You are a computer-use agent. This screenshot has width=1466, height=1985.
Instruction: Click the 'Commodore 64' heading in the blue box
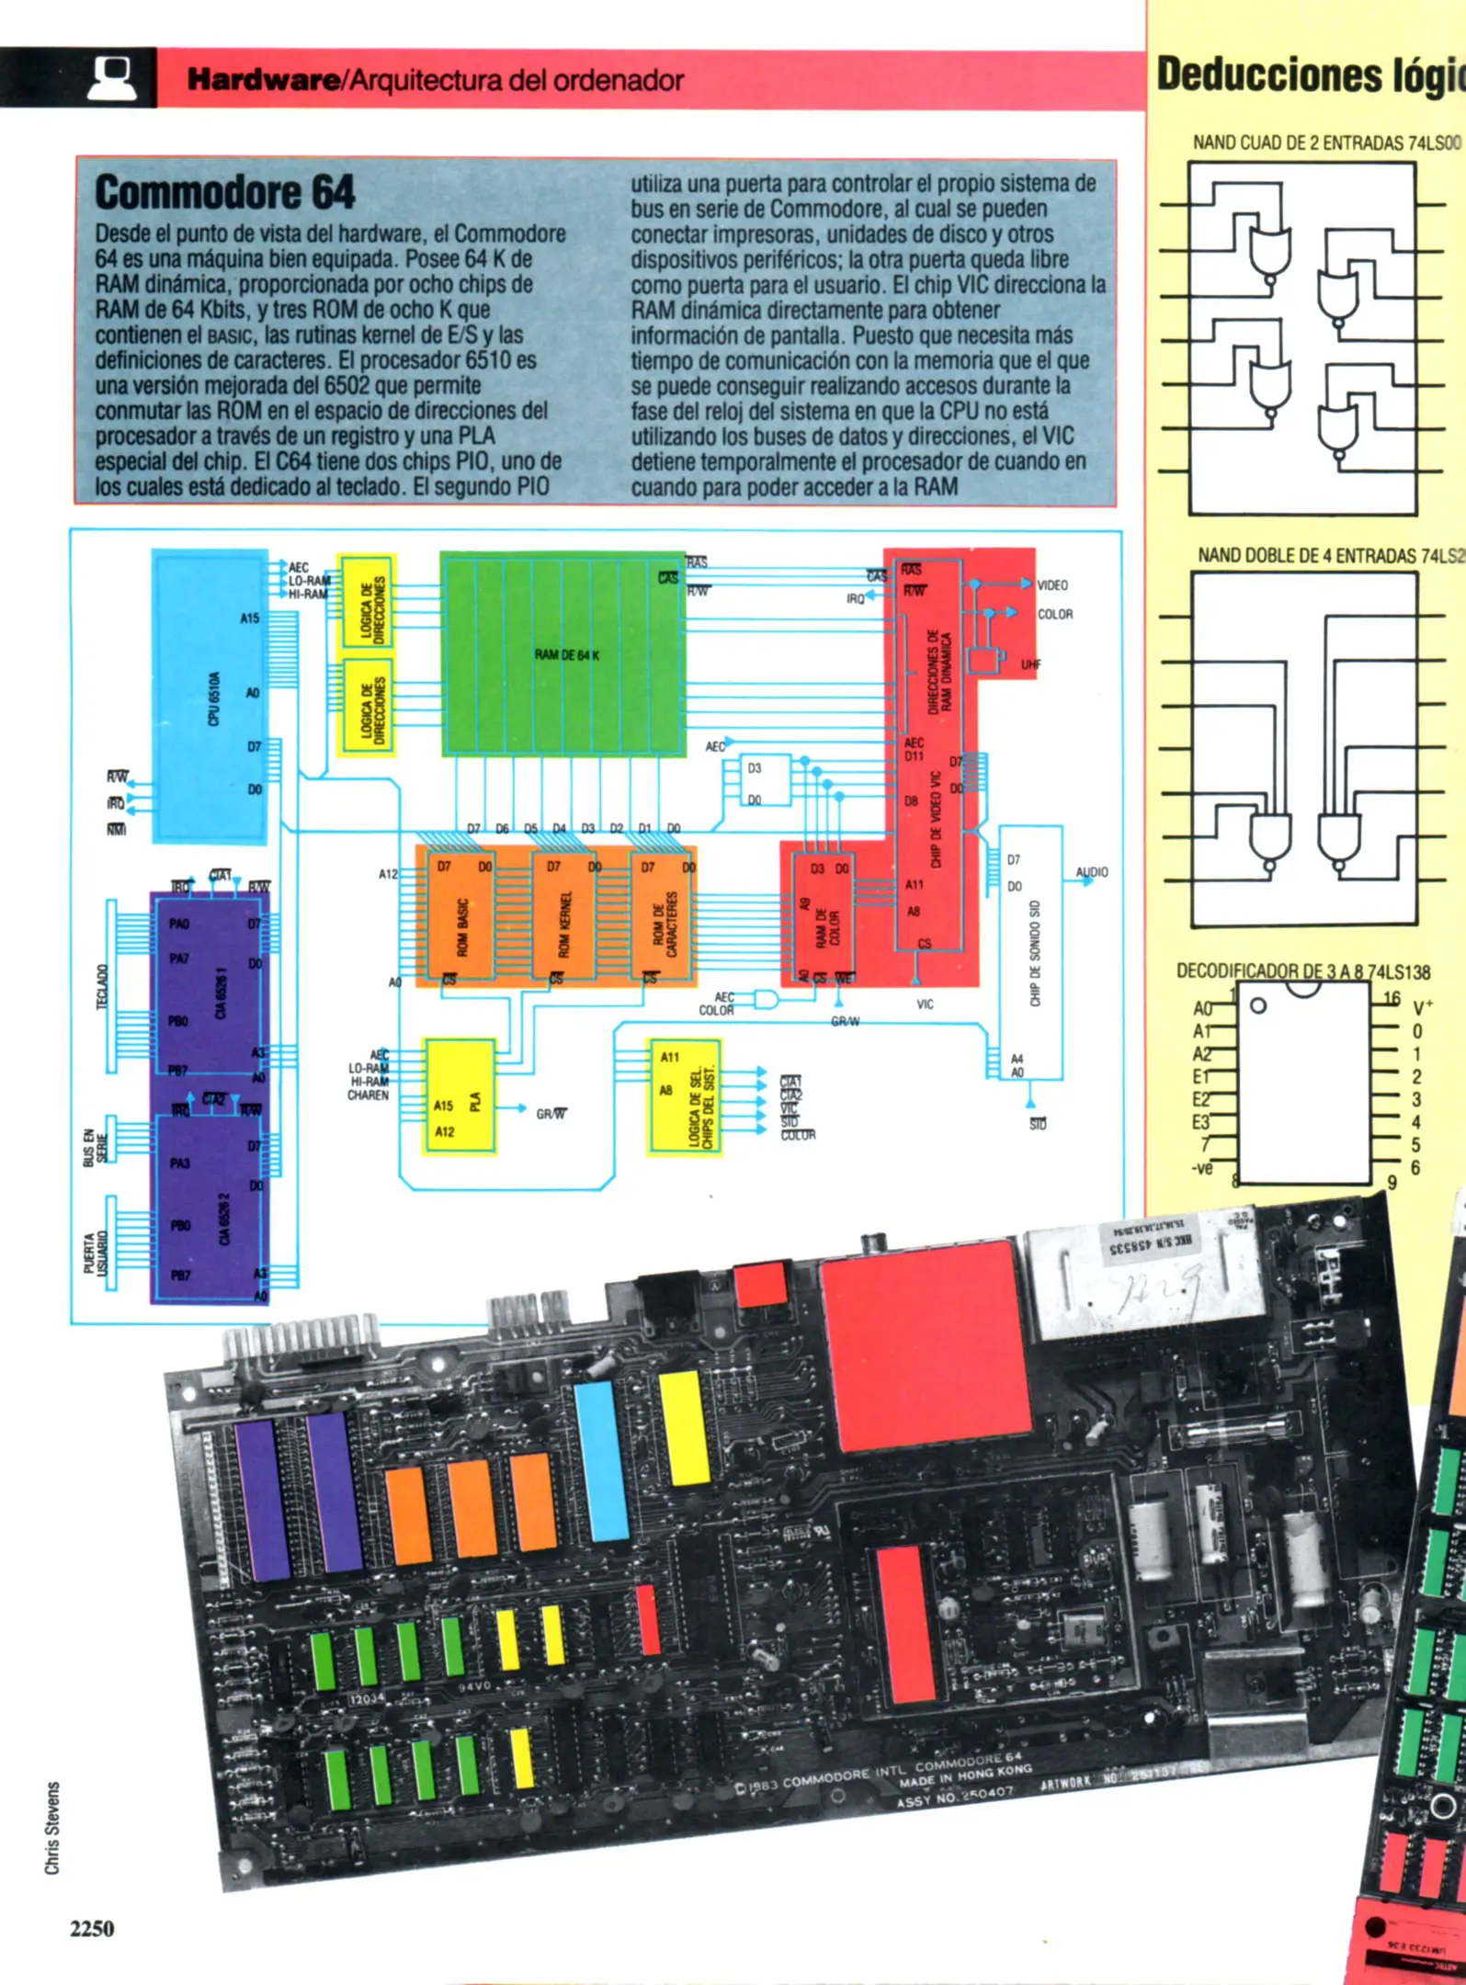[x=224, y=192]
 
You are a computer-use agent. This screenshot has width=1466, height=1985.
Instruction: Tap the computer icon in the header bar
[x=113, y=78]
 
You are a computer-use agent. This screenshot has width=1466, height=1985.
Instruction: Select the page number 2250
[x=92, y=1928]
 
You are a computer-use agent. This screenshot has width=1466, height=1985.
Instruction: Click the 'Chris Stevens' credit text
[x=52, y=1828]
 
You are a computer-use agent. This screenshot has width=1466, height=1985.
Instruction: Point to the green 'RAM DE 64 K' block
[x=564, y=654]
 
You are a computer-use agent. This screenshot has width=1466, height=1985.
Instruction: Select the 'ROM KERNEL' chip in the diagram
[x=564, y=924]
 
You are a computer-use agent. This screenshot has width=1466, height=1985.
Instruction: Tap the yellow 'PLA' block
[x=460, y=1097]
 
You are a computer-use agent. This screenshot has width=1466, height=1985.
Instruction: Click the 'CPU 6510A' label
[x=213, y=698]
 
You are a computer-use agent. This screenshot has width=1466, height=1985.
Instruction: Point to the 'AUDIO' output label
[x=1092, y=872]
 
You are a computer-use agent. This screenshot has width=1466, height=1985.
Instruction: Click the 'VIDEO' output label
[x=1052, y=585]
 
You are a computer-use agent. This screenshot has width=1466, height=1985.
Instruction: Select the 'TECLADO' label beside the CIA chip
[x=102, y=985]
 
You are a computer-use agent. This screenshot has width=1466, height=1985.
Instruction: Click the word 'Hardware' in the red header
[x=263, y=80]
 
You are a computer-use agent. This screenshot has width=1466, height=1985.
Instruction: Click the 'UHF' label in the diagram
[x=1031, y=664]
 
